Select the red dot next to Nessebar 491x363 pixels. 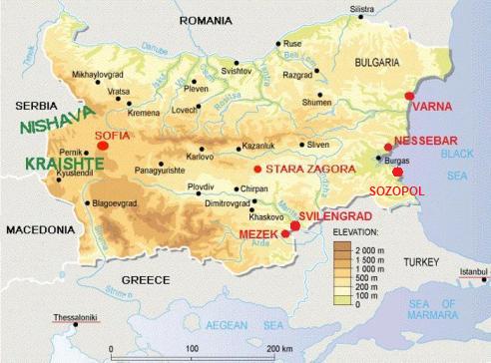(x=388, y=148)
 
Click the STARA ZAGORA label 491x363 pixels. (x=310, y=170)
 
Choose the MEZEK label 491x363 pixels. (x=258, y=233)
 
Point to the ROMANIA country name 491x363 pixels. (x=212, y=20)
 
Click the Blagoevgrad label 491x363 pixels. (x=118, y=202)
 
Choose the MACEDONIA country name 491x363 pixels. (x=40, y=229)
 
